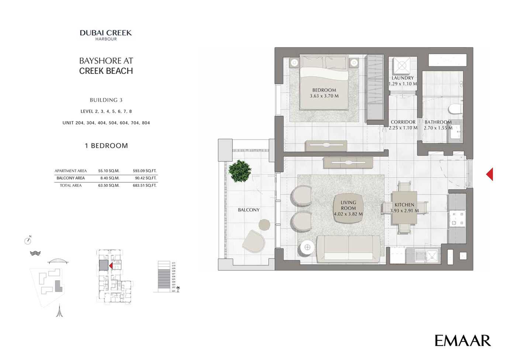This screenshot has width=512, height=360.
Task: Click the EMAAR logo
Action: (x=463, y=340)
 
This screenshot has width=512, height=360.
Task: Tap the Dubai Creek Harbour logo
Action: (x=106, y=35)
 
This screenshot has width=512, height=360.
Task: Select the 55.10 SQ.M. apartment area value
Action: (x=109, y=171)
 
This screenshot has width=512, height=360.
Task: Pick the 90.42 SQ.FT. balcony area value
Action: (x=145, y=178)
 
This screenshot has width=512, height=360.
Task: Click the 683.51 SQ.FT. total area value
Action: (x=145, y=185)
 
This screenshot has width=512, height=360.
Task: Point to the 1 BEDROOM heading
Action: (x=106, y=146)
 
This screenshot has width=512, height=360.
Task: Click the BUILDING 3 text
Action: (x=106, y=100)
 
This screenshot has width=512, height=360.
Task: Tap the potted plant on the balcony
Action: (x=239, y=171)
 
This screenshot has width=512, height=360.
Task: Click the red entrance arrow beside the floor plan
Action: (x=489, y=174)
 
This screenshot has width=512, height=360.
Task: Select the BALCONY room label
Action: (x=249, y=210)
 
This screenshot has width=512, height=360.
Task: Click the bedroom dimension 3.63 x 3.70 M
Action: (x=324, y=96)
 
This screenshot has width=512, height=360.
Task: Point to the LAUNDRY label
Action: (x=402, y=78)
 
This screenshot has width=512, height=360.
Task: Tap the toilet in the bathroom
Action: (x=455, y=109)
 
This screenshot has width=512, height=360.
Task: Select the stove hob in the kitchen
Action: (x=457, y=219)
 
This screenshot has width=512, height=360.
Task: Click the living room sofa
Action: (x=348, y=249)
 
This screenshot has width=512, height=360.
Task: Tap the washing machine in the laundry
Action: (x=402, y=66)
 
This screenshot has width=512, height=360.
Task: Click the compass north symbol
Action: (x=28, y=240)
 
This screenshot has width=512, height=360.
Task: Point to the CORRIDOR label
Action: (x=403, y=122)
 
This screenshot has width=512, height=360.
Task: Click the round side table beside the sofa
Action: (x=307, y=248)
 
